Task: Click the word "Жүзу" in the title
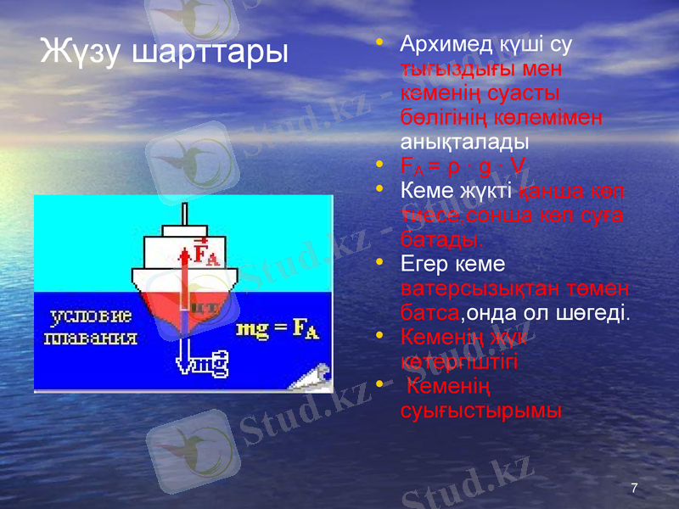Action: [x=81, y=53]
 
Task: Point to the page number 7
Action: [x=634, y=488]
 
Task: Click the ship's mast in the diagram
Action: [x=182, y=214]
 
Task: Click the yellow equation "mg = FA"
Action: [x=278, y=329]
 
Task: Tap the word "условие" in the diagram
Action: [x=90, y=317]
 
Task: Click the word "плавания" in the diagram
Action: [x=90, y=337]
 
